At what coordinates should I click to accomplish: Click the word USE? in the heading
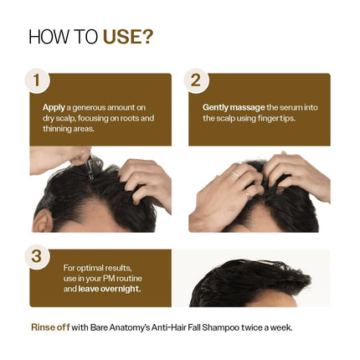click(x=127, y=37)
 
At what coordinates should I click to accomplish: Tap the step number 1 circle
click(x=36, y=80)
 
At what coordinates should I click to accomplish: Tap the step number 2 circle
click(x=196, y=80)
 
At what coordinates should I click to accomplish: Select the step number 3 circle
click(x=36, y=256)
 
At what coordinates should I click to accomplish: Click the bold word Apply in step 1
click(x=54, y=107)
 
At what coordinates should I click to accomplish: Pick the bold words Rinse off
click(x=49, y=327)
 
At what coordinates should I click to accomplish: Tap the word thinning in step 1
click(x=58, y=129)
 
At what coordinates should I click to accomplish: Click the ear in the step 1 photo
click(x=43, y=219)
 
